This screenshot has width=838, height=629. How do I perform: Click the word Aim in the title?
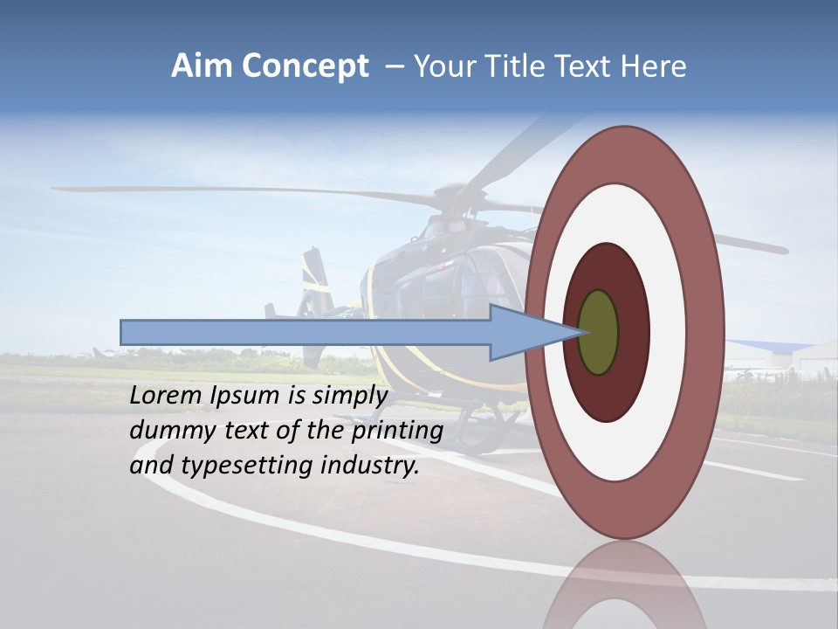click(x=203, y=66)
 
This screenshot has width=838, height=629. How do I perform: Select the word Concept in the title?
click(x=306, y=67)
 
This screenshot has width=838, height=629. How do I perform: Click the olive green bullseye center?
click(x=599, y=332)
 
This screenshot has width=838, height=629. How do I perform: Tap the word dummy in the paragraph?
click(x=171, y=432)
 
